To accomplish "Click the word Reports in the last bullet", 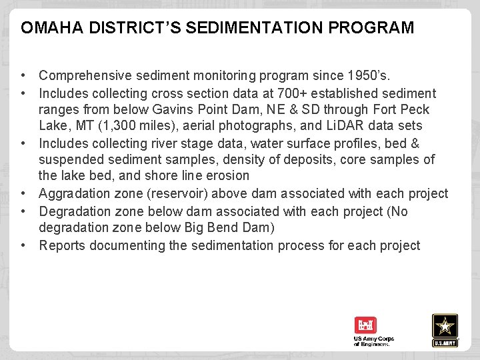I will click(x=61, y=245).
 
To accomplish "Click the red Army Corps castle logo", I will click(x=365, y=325).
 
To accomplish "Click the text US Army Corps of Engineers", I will click(x=373, y=341).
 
